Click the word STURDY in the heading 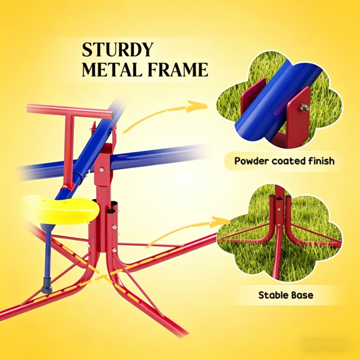[x=118, y=49]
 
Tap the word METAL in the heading [x=112, y=69]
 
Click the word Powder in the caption [x=251, y=161]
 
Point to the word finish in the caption [x=321, y=161]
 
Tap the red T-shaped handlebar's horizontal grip [x=70, y=110]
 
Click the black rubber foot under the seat [x=47, y=286]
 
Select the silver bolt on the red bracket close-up [x=304, y=107]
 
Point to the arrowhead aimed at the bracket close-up [x=197, y=106]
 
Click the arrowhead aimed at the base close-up [x=220, y=222]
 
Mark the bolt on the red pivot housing [x=101, y=170]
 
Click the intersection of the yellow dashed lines [x=104, y=275]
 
